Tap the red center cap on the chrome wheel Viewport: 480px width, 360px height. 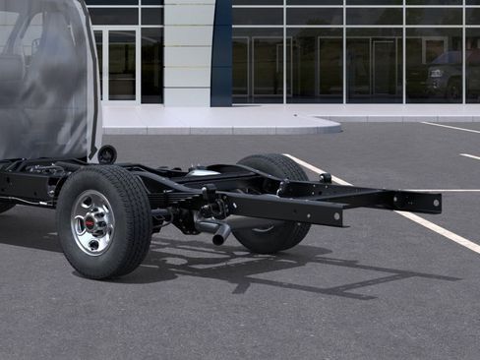tap(90, 222)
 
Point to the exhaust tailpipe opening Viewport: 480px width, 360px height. tap(221, 236)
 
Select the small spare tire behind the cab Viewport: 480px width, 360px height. tap(106, 154)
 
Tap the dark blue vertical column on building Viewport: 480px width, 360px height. tap(221, 53)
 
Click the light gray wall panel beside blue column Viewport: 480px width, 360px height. tap(187, 53)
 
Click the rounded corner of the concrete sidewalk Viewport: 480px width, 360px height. tap(330, 126)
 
